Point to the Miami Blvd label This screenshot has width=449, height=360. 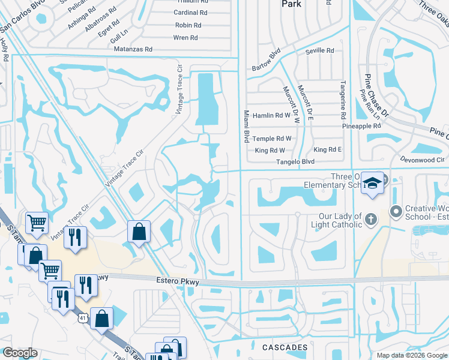coord(246,127)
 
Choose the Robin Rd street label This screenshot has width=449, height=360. coord(188,25)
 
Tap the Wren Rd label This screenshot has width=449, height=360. coord(185,38)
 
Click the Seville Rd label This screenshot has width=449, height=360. coord(320,51)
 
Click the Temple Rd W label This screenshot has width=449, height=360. coord(272,139)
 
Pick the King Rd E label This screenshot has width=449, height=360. coord(328,150)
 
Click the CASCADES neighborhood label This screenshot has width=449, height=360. coord(285,347)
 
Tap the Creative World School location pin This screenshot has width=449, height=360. coord(395,211)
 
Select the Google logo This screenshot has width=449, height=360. coord(20,353)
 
